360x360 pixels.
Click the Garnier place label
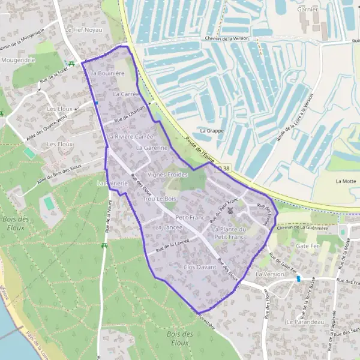click(307, 10)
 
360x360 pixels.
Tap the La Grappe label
click(211, 130)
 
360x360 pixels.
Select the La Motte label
click(346, 181)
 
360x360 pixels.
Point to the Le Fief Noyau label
click(84, 29)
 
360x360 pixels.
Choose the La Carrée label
click(125, 94)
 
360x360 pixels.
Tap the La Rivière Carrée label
click(131, 137)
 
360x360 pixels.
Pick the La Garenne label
click(152, 148)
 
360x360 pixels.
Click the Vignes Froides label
click(167, 174)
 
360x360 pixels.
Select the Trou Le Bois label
click(160, 198)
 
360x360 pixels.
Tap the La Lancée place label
click(169, 228)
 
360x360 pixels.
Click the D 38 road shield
click(223, 169)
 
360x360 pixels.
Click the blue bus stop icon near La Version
click(298, 279)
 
